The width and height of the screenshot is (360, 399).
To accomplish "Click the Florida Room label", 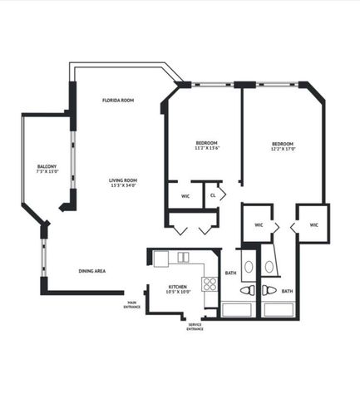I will [x=118, y=100].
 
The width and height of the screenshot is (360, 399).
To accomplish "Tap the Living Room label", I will [x=122, y=180].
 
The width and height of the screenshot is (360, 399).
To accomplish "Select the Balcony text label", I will [x=47, y=167].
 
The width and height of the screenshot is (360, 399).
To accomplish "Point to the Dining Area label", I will [x=91, y=271].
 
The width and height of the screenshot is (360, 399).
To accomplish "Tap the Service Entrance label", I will [x=195, y=327].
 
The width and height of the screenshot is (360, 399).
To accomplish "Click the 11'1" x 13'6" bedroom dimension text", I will [x=206, y=148].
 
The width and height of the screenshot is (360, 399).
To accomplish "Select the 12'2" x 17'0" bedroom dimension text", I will [x=284, y=150].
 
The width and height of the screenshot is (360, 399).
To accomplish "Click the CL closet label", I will [x=213, y=195].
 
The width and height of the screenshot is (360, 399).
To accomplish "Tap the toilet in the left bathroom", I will [x=247, y=291].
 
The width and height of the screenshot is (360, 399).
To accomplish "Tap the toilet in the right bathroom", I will [x=269, y=291].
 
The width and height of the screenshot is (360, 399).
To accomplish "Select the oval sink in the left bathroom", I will [x=248, y=267].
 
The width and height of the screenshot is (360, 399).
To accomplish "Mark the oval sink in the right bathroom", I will [x=269, y=267].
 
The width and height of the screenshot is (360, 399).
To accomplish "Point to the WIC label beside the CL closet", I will [x=185, y=196].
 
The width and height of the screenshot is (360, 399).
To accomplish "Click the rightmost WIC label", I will [x=313, y=224].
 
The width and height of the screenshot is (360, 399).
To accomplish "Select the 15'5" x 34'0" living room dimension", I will [x=122, y=186].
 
